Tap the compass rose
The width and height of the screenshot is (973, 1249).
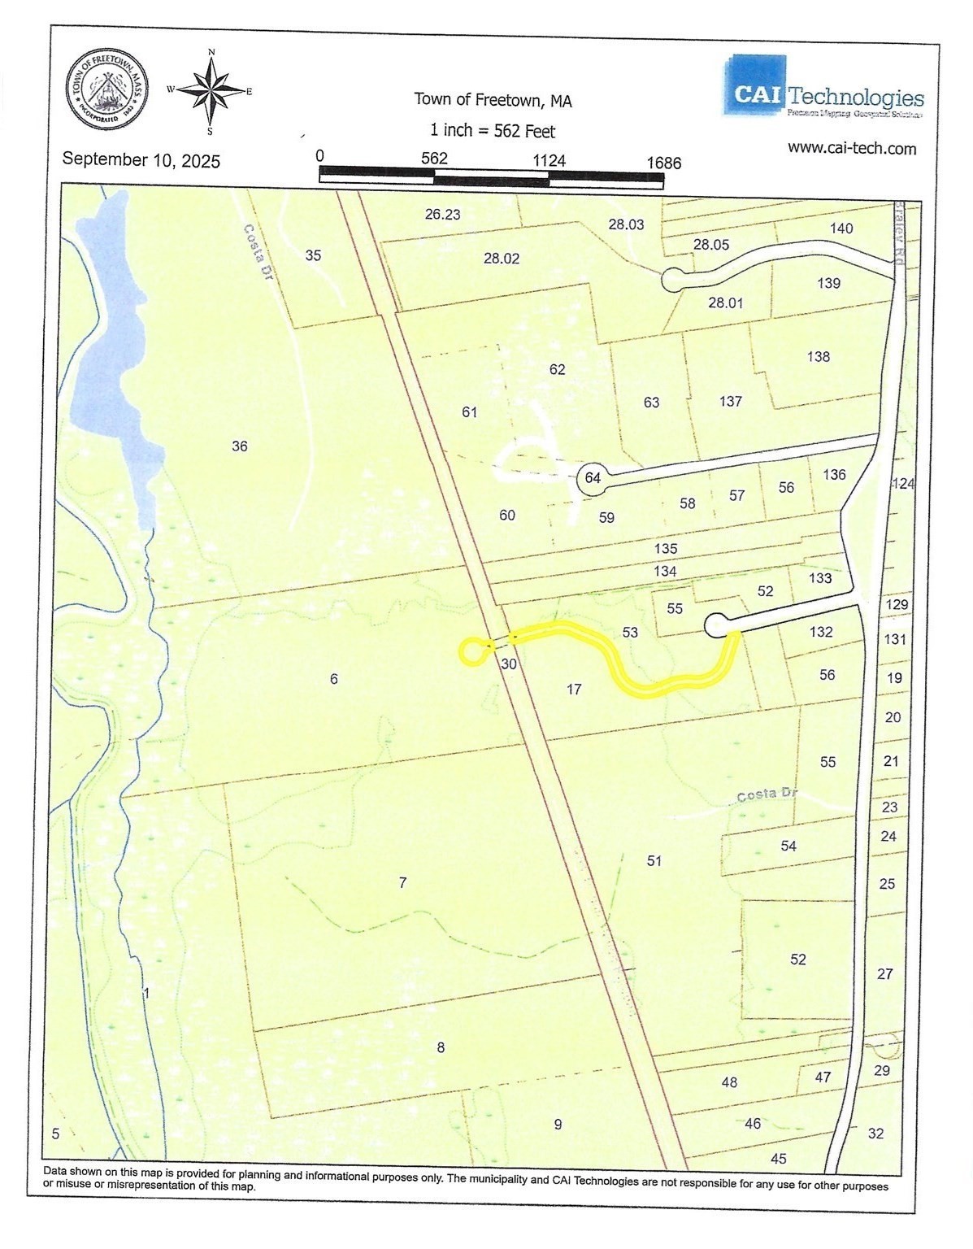coord(211,90)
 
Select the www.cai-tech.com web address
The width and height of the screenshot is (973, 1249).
coord(852,149)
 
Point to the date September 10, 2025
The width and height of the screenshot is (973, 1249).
coord(141,160)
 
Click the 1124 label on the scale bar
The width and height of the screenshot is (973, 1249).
coord(549,160)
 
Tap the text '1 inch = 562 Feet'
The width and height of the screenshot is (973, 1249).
coord(493,130)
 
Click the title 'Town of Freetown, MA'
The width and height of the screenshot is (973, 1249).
coord(493,100)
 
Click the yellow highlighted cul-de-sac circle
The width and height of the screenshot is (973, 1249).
coord(471,651)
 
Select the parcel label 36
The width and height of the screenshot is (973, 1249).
coord(240,446)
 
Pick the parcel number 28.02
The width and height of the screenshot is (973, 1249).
coord(502,259)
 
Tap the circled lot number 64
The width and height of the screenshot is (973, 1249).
coord(593,478)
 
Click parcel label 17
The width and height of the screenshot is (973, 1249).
coord(574,690)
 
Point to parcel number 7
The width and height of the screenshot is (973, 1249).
coord(402,882)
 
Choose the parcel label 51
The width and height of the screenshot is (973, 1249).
coord(654,860)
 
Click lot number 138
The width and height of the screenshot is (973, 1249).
coord(819,356)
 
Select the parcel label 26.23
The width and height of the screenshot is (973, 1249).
coord(443,215)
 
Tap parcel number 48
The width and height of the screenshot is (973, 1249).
coord(729,1081)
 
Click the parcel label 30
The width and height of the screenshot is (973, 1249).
coord(509,664)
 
